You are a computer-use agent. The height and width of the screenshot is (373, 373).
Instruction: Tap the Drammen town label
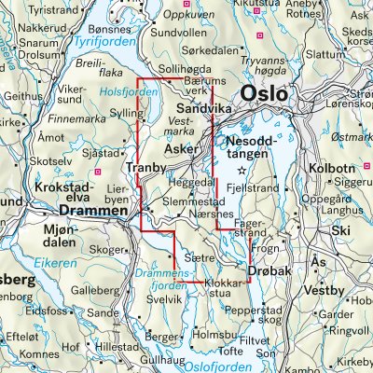(x=92, y=213)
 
